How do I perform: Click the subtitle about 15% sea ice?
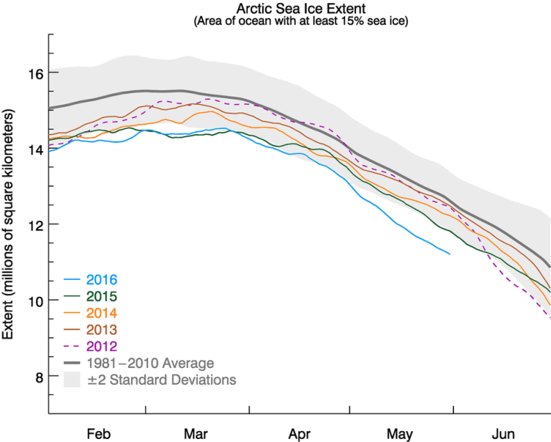point(299,22)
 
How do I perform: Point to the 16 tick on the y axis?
point(34,73)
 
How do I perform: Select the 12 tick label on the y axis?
point(34,224)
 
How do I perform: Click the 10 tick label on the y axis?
point(34,300)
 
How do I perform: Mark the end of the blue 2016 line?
point(450,253)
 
